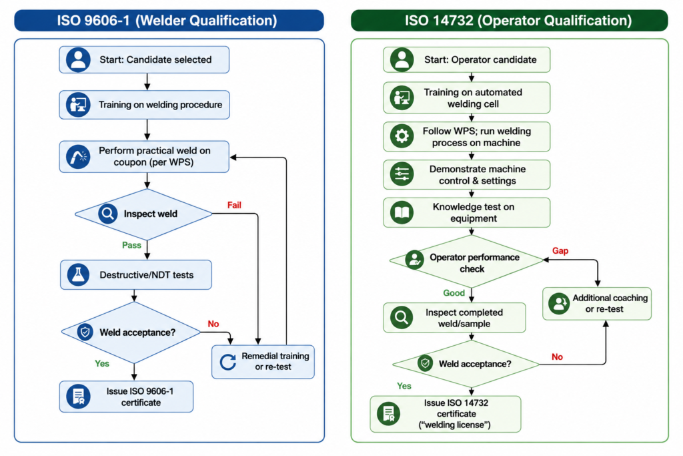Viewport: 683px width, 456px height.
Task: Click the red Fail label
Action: pos(234,205)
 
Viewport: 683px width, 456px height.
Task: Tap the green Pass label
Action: pos(131,245)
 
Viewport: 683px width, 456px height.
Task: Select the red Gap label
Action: pos(560,250)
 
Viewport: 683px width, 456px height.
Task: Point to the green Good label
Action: pos(454,293)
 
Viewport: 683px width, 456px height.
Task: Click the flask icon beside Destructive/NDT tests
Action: pos(79,274)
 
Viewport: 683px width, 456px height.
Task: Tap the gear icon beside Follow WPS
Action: pos(402,136)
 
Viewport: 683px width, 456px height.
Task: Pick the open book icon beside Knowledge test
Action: pos(402,212)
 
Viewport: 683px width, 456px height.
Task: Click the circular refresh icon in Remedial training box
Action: pos(228,362)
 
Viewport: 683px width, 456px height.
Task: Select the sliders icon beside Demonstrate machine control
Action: pos(402,174)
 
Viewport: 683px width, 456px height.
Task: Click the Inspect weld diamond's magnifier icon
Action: pos(107,214)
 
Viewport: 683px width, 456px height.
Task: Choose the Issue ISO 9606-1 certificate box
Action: pos(126,397)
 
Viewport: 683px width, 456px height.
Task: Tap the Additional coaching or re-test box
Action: pos(597,303)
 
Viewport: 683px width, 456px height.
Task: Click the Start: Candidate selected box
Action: pos(144,59)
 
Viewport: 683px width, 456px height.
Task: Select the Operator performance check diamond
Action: pos(466,261)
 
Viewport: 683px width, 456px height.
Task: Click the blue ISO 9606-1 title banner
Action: pos(169,21)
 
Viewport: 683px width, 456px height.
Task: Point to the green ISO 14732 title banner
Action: pos(510,21)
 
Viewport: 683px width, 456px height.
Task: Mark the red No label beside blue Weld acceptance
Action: pos(213,324)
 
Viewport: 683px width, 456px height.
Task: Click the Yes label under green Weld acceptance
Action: pos(404,386)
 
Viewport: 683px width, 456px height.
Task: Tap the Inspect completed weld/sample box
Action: pos(454,318)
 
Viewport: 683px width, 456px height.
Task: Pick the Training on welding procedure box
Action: pos(144,105)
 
